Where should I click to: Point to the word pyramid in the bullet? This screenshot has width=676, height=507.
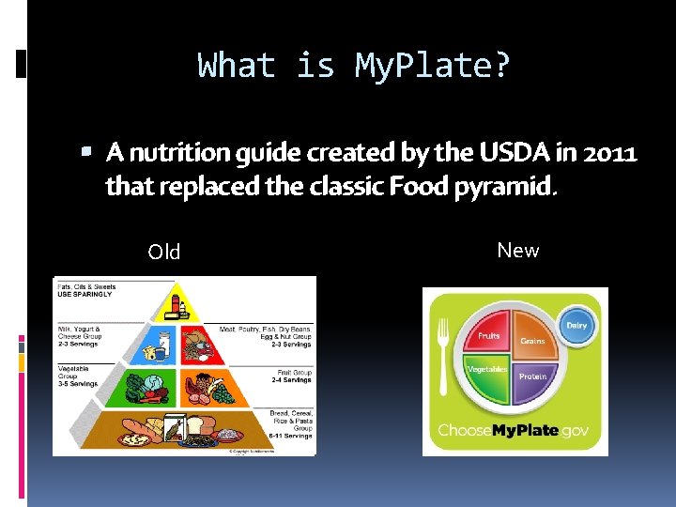click(x=509, y=186)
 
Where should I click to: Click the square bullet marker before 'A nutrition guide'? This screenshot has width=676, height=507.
click(x=86, y=150)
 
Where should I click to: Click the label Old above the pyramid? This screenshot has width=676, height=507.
click(x=164, y=252)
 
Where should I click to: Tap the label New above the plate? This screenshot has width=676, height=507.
click(x=518, y=250)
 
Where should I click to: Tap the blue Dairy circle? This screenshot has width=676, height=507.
click(x=576, y=325)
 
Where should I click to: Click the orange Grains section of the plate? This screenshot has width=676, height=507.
click(x=532, y=340)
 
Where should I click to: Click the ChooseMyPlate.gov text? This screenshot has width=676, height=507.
click(x=514, y=431)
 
